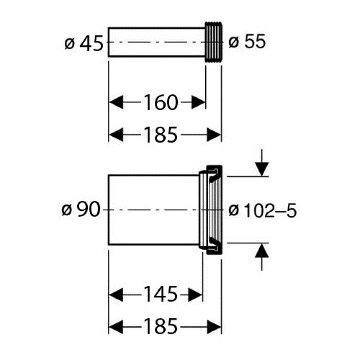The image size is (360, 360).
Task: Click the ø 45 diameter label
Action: point(84,43)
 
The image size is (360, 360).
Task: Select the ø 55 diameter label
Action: point(247,41)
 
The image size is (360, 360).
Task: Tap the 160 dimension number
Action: point(161,103)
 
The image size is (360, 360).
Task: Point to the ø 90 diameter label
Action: point(81,209)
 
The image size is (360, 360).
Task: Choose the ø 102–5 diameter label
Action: point(263,211)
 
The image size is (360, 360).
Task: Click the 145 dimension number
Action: point(161,294)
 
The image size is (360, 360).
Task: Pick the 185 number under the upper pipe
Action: point(161,135)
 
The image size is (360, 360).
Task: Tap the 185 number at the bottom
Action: point(161,326)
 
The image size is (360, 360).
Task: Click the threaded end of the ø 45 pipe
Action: point(213,42)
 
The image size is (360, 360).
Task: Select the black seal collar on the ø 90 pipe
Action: point(214,210)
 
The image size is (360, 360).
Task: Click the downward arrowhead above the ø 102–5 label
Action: point(262,169)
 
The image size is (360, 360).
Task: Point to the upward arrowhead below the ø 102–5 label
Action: point(262,250)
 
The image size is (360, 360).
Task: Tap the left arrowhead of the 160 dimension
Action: point(116,102)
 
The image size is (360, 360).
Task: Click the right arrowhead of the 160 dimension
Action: point(198,102)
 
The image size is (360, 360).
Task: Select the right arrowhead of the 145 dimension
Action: point(195,295)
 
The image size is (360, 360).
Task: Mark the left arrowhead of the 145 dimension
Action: point(116,295)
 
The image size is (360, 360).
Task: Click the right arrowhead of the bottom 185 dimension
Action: point(214,327)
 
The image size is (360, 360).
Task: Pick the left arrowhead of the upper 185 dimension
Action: point(116,135)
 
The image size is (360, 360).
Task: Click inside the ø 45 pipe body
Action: point(157,42)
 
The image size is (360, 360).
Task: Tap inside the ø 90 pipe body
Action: point(153,210)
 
